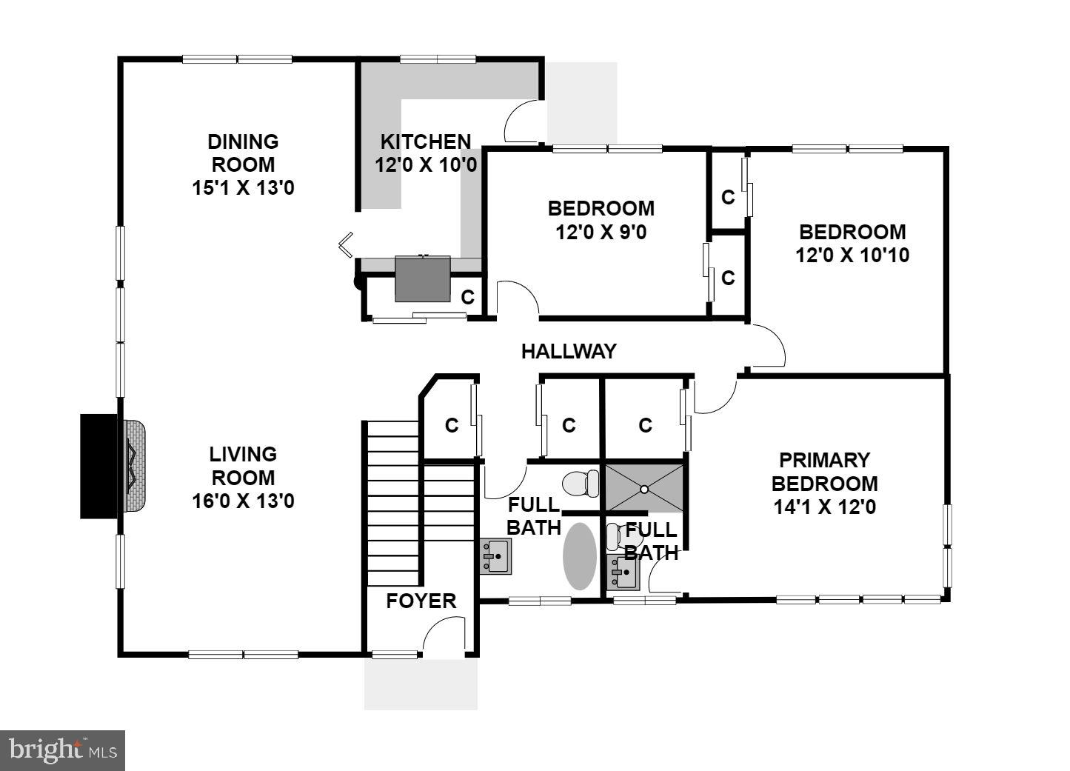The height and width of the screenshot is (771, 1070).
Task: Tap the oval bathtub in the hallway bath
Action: (x=579, y=556)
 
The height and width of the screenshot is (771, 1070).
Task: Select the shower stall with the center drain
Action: (x=644, y=488)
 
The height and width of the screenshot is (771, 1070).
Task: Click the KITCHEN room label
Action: (x=425, y=141)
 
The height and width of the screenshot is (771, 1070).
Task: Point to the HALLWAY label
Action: (x=568, y=351)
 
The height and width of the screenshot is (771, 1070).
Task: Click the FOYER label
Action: (x=421, y=601)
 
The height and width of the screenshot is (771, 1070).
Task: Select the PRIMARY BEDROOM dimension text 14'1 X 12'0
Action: (x=823, y=507)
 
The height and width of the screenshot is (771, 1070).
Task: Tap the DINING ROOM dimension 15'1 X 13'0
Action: (x=243, y=188)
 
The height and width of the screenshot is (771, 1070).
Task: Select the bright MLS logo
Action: (x=62, y=750)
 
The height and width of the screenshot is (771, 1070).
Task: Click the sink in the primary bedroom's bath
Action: (x=622, y=571)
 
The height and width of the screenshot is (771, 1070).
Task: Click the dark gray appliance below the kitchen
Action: (x=422, y=278)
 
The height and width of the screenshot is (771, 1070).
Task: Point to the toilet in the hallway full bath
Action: (x=581, y=484)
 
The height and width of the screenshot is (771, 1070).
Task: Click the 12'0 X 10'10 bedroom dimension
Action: (x=852, y=256)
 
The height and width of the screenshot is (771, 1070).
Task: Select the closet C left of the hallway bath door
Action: (x=452, y=425)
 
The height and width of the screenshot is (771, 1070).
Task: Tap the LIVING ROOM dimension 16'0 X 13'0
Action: (x=243, y=501)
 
